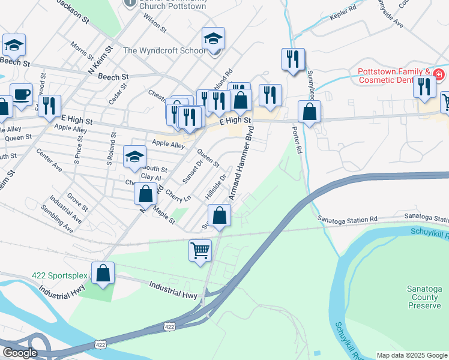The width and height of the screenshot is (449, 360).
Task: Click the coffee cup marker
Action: click(21, 94)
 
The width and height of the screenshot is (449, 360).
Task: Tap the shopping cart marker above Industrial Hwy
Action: click(200, 250)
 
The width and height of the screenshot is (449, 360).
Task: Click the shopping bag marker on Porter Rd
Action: click(309, 112)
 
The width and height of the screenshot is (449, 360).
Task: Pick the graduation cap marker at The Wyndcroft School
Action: click(212, 39)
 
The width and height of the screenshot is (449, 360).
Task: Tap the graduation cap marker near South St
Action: click(134, 157)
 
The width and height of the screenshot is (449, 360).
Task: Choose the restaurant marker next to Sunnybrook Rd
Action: click(293, 59)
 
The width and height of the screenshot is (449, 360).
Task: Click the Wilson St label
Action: click(154, 22)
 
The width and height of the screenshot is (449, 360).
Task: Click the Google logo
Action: click(20, 352)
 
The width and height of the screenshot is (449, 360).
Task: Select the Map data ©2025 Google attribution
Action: click(411, 355)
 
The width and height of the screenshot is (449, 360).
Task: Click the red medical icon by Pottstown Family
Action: click(439, 74)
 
